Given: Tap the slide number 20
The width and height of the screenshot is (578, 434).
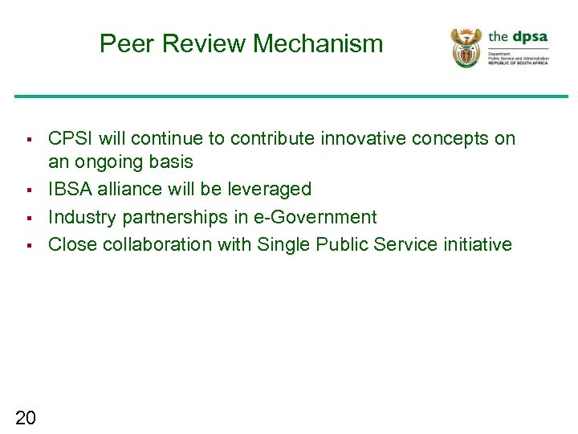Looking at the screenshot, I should coord(26,416).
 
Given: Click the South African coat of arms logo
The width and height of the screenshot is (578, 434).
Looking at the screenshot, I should coord(466,47).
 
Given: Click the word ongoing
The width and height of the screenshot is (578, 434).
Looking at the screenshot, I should coord(108,162).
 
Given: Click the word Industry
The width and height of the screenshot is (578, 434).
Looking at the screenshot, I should coord(83,217).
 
